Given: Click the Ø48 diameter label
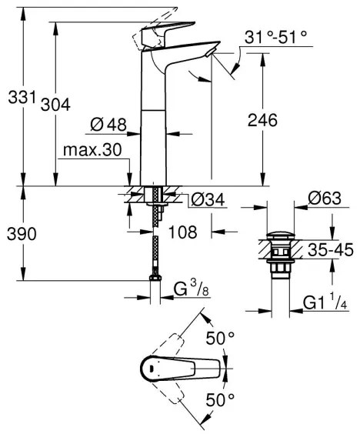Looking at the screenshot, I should coord(108,123).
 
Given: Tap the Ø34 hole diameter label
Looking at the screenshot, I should coord(207,200).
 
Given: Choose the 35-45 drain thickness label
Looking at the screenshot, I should coord(328,249).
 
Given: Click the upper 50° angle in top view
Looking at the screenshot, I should coord(221,338).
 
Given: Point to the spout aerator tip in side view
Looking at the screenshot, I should coord(209,52).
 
